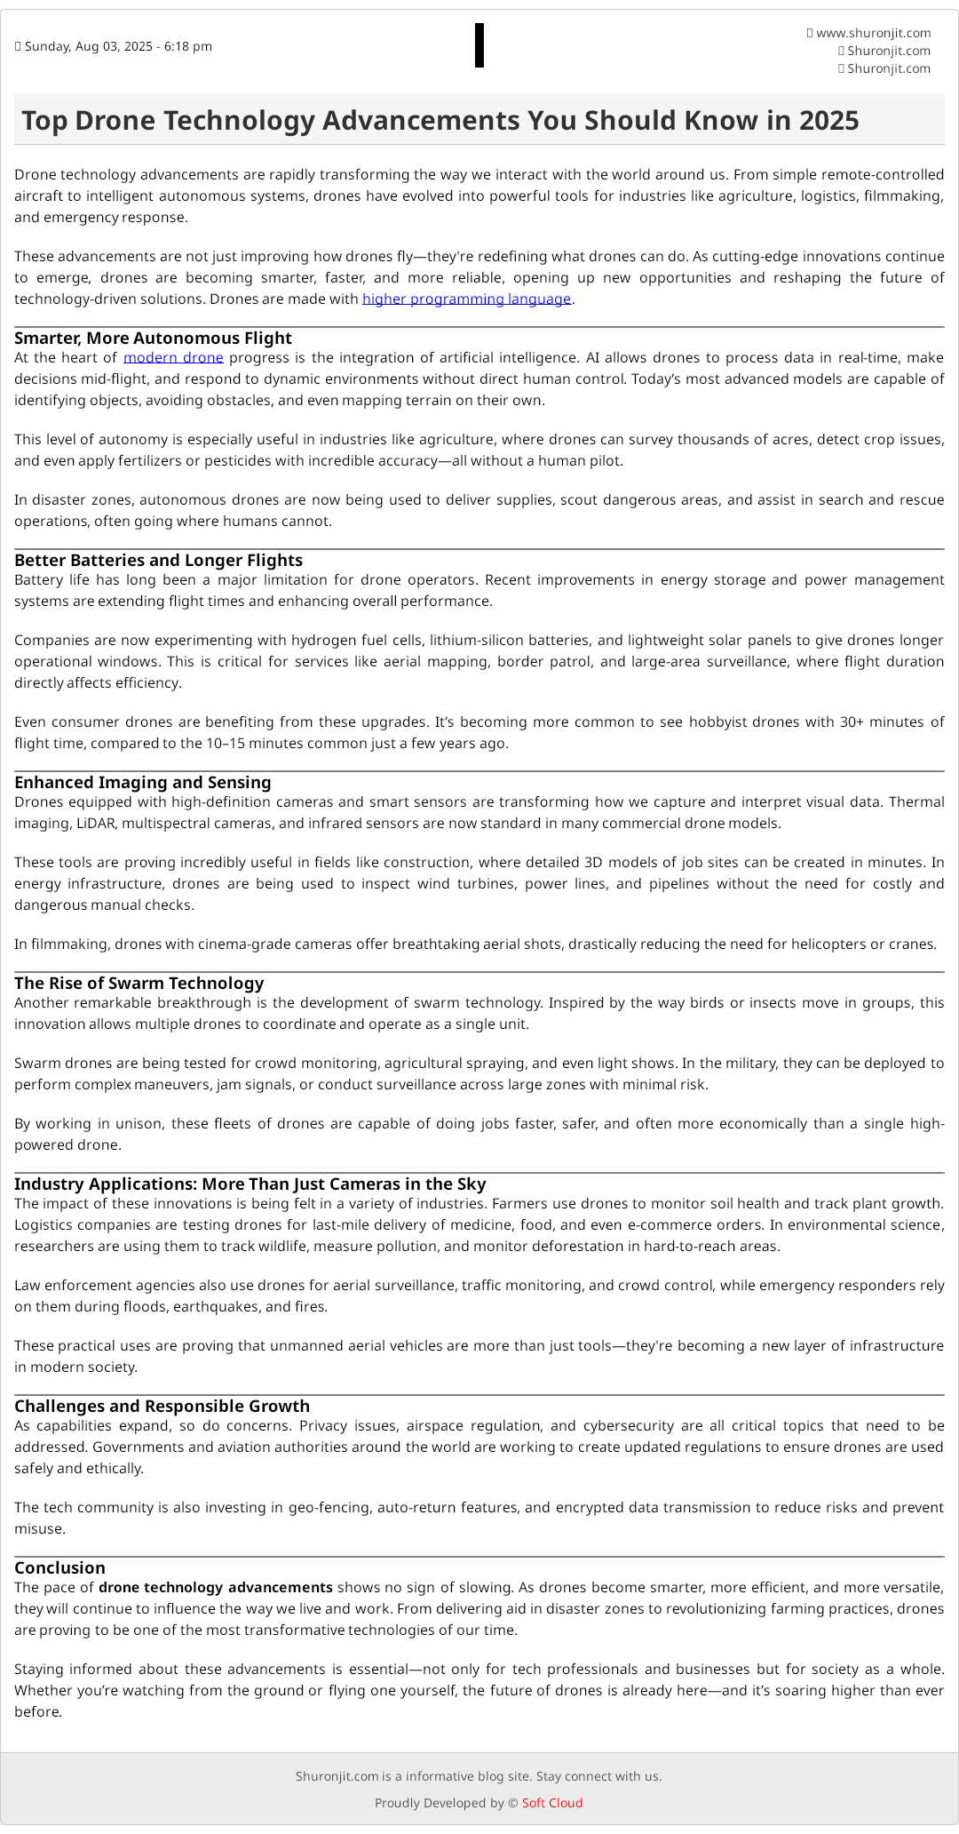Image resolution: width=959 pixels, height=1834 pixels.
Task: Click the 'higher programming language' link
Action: (x=466, y=299)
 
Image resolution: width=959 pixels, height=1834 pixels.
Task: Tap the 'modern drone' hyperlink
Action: (x=173, y=358)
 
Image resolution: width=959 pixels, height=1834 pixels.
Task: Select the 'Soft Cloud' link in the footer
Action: (x=552, y=1803)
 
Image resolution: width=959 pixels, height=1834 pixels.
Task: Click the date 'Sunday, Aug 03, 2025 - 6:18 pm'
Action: (x=118, y=46)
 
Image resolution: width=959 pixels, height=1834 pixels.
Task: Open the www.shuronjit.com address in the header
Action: (x=873, y=33)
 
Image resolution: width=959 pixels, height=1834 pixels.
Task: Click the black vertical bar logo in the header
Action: (x=479, y=45)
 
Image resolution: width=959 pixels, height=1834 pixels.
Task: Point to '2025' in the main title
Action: (x=828, y=121)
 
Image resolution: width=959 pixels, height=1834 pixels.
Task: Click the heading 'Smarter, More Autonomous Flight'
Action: (x=153, y=339)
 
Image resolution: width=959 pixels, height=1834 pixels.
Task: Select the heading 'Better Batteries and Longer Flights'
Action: (x=158, y=561)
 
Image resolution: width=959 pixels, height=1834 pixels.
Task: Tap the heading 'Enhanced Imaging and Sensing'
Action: (x=142, y=783)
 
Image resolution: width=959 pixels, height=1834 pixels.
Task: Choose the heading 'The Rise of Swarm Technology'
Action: (x=139, y=984)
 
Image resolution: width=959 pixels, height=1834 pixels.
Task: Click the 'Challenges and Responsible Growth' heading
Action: (x=162, y=1407)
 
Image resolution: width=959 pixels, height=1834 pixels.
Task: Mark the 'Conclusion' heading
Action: (x=59, y=1568)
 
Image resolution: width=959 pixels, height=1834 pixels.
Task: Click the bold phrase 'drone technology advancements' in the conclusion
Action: (x=216, y=1588)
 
